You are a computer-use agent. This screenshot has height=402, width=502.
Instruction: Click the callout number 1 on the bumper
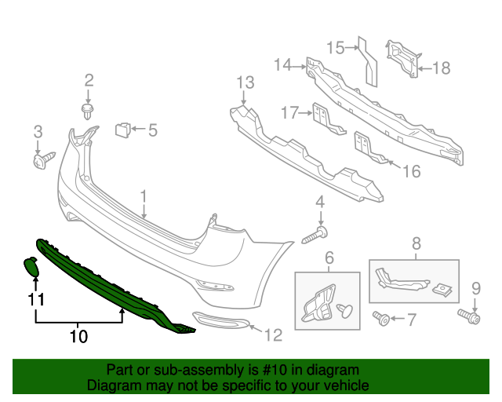pyautogui.click(x=144, y=196)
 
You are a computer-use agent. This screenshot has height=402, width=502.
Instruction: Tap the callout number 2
pyautogui.click(x=89, y=79)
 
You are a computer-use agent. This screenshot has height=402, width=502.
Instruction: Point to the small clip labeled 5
pyautogui.click(x=123, y=130)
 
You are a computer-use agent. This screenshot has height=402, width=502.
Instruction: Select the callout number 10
pyautogui.click(x=78, y=337)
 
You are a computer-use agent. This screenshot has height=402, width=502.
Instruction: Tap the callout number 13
pyautogui.click(x=246, y=82)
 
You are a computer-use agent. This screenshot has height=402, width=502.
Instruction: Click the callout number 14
pyautogui.click(x=282, y=66)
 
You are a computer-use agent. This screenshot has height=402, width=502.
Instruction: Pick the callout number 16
pyautogui.click(x=412, y=170)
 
